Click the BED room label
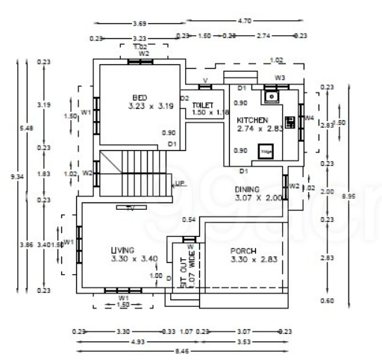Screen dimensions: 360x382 (x=139, y=98)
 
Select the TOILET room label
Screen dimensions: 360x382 (x=203, y=106)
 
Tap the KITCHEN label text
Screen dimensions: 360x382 (x=252, y=120)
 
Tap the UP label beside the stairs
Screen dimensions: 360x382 (x=180, y=183)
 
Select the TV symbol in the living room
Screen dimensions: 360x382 (x=130, y=207)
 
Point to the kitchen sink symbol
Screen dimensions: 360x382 (x=272, y=96)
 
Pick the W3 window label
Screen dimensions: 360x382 (x=280, y=77)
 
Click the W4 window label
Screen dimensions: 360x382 (x=309, y=118)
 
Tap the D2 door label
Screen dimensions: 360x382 (x=184, y=98)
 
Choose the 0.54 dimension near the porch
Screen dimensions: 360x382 (x=190, y=219)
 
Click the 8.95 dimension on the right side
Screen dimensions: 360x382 (x=363, y=196)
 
